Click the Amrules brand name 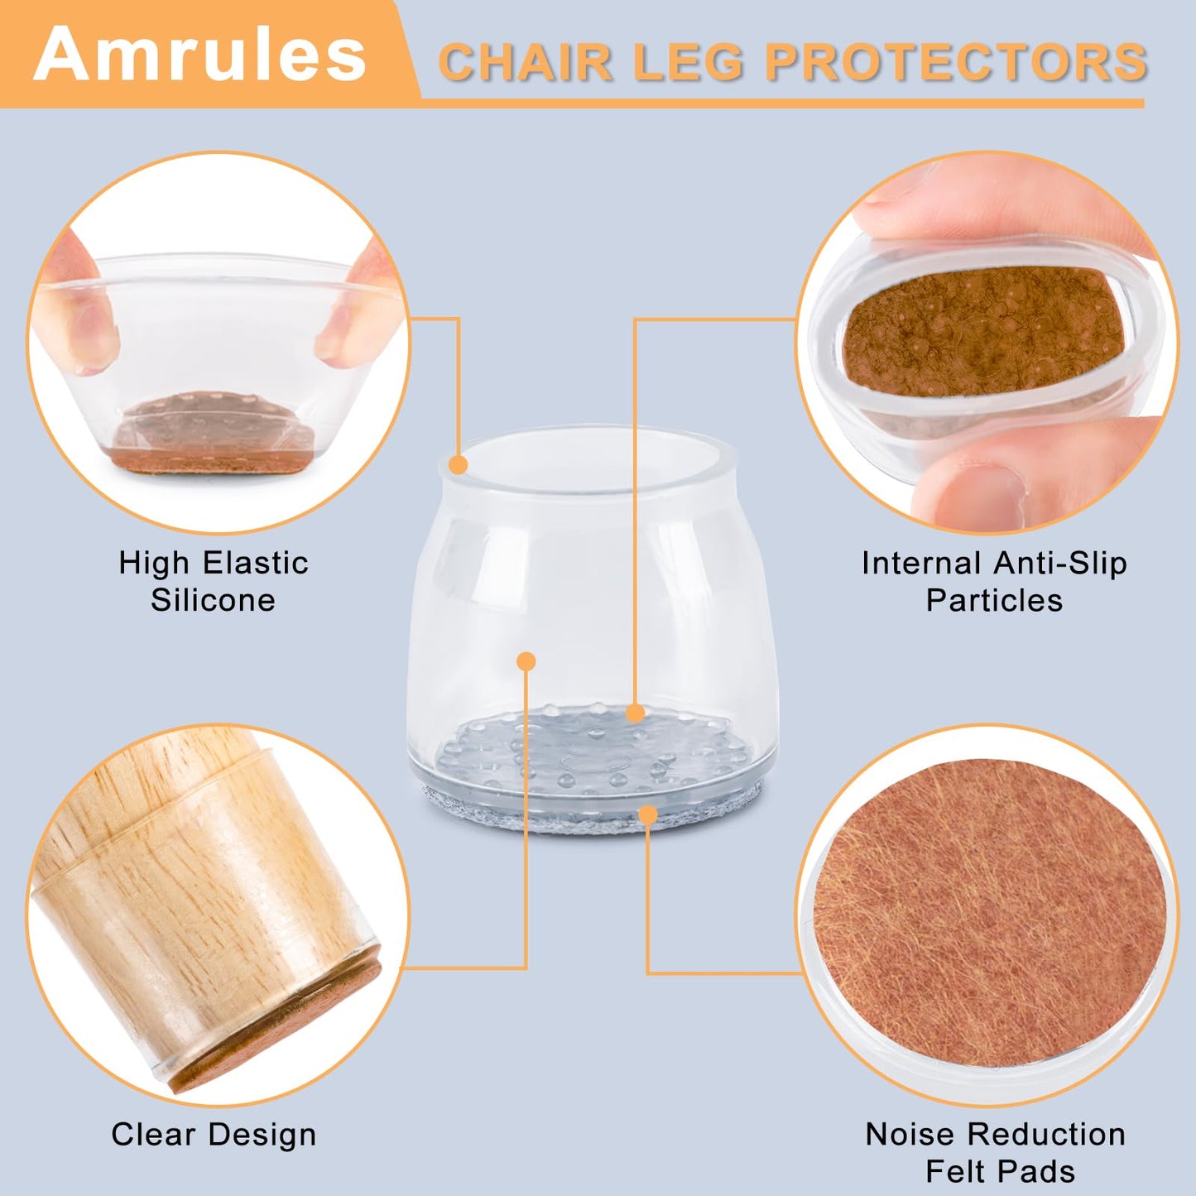pos(199,55)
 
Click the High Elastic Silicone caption pos(214,581)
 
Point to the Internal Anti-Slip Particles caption pos(994,581)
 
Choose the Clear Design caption pos(214,1134)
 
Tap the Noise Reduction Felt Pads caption pos(996,1152)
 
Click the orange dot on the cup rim pos(459,464)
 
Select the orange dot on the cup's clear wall pos(526,661)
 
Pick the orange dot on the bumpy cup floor pos(635,713)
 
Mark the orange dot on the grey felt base pos(648,815)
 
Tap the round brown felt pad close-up pos(989,910)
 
